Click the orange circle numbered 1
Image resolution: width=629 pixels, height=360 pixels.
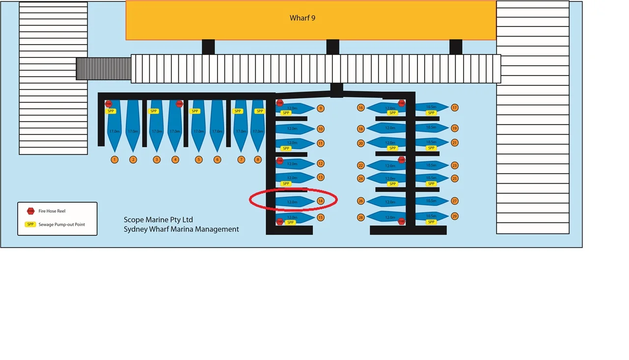point(114,160)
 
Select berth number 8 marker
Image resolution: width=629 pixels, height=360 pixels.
point(258,160)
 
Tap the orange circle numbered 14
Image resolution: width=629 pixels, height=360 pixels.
point(321,201)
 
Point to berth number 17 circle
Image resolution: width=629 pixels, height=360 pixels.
point(455,108)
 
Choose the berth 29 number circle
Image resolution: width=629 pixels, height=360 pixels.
point(455,217)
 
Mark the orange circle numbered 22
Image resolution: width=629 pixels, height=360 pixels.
point(361,166)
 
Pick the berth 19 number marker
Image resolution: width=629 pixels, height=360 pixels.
point(455,128)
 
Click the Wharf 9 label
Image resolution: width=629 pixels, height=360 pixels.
point(302,18)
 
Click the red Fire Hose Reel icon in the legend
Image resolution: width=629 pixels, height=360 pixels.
point(30,211)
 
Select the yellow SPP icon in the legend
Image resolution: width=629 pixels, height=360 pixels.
point(30,224)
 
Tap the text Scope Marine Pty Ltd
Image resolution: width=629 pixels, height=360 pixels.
point(158,220)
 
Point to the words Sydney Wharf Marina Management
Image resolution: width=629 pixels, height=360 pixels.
point(181,229)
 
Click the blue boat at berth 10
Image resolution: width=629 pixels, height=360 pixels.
point(294,129)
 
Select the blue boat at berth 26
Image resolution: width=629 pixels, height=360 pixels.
point(386,201)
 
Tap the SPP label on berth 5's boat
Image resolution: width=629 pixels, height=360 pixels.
point(195,111)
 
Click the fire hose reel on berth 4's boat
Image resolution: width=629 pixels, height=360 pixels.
point(179,104)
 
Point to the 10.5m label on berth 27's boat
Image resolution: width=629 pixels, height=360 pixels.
point(431,201)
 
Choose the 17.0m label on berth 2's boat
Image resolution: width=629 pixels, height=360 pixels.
point(133,132)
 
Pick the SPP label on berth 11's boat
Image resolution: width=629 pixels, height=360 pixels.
point(286,148)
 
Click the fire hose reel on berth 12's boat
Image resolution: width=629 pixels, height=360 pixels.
point(279,161)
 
